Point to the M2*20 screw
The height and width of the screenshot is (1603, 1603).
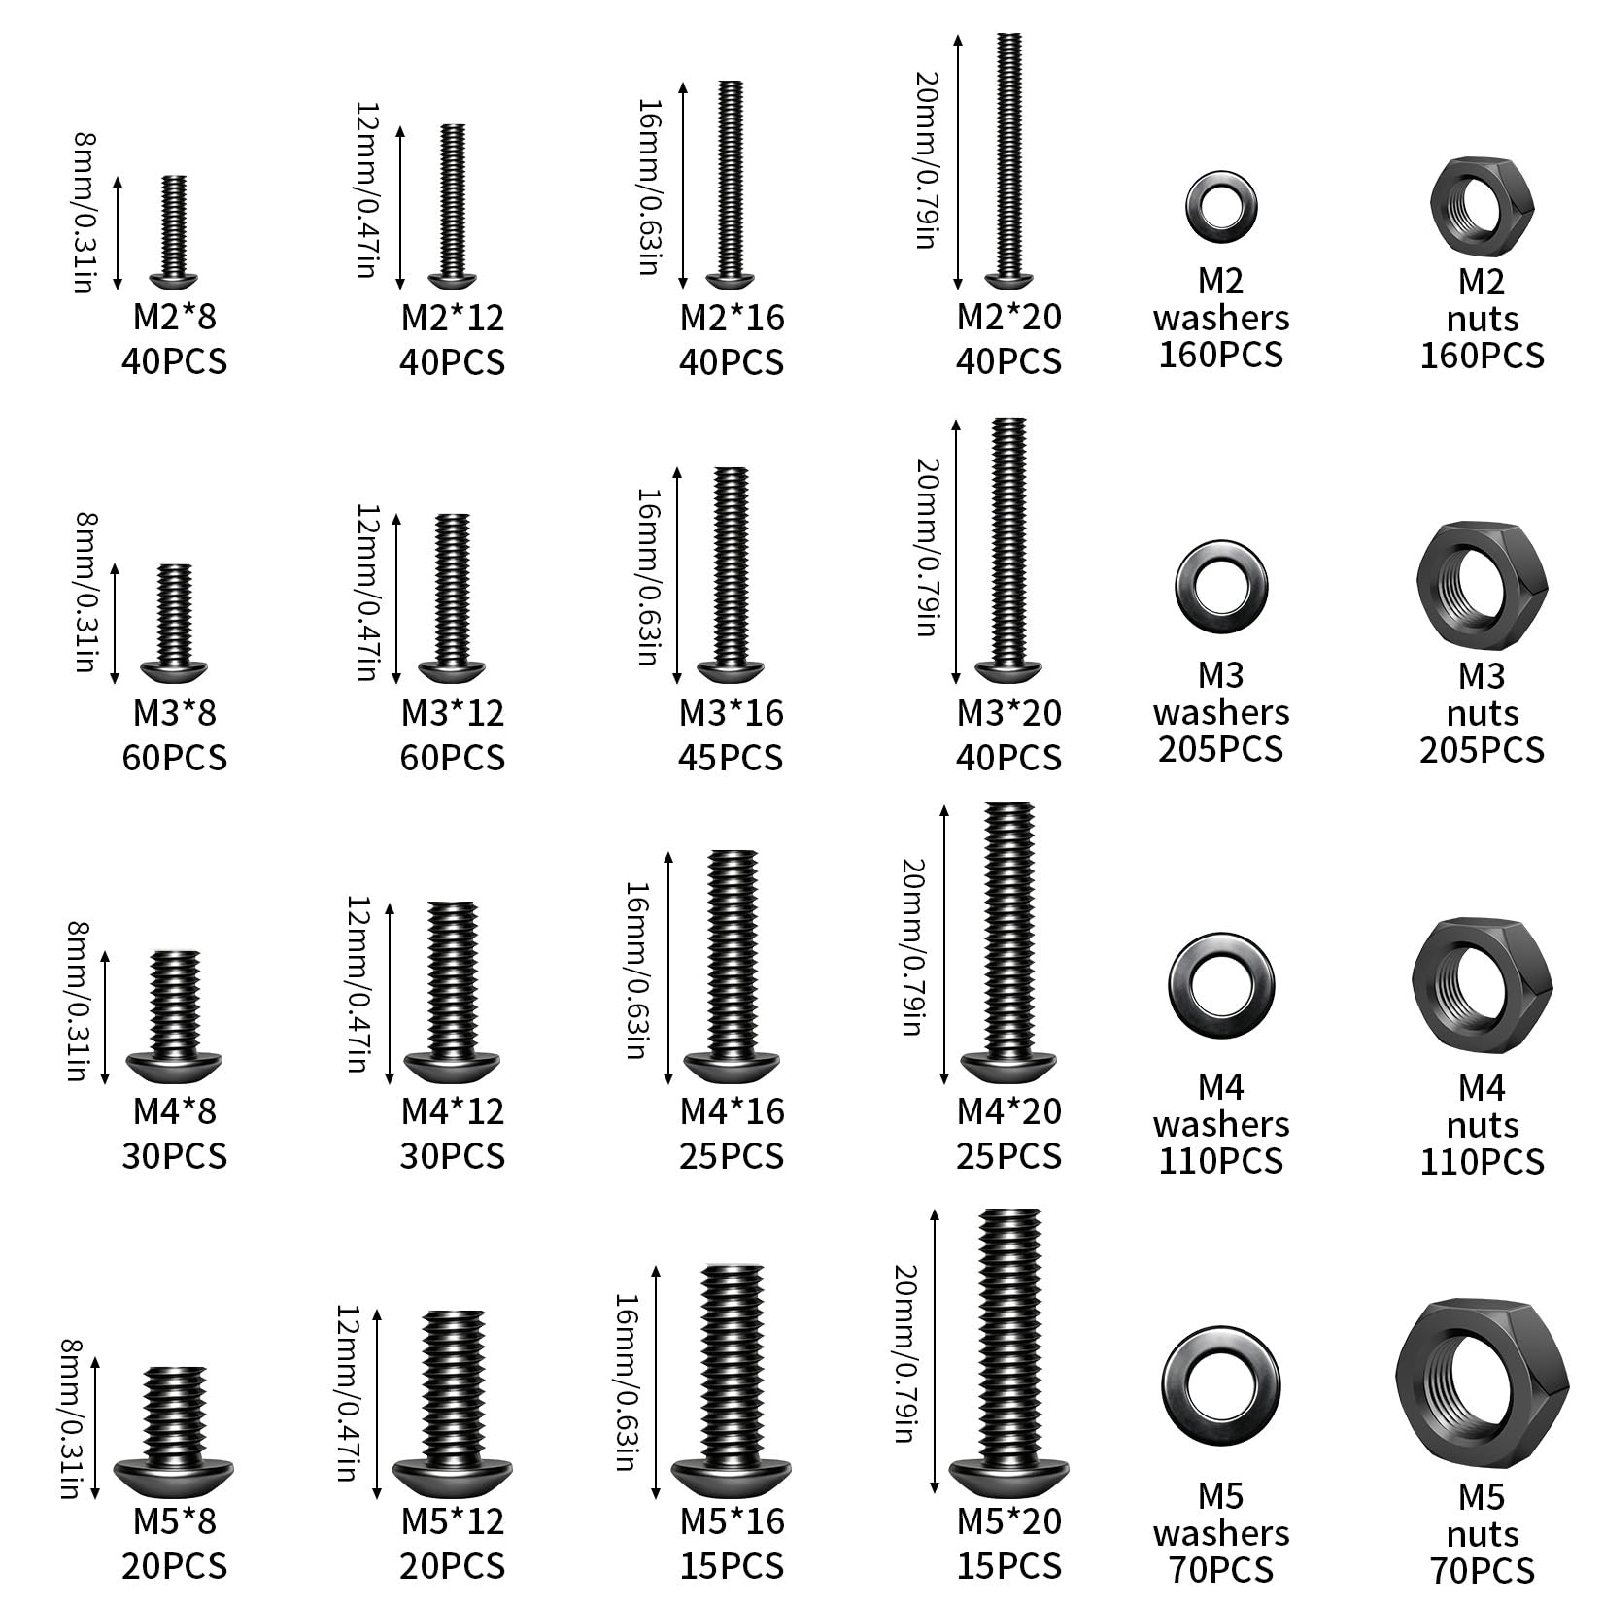[x=1009, y=160]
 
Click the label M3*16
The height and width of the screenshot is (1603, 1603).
[x=731, y=713]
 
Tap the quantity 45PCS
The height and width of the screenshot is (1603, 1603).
[x=731, y=758]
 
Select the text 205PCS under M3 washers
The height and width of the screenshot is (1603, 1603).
[x=1220, y=749]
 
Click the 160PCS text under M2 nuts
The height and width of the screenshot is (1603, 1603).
[x=1482, y=356]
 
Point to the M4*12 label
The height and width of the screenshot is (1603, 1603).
[x=453, y=1111]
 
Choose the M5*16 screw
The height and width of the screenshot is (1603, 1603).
[x=732, y=1384]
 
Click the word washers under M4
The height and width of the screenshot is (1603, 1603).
[x=1221, y=1124]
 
